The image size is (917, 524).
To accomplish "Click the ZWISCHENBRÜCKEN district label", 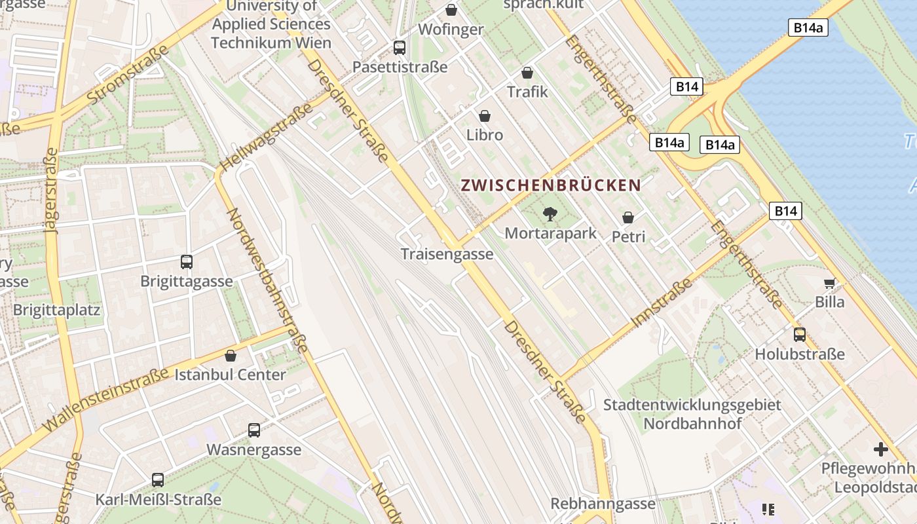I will [550, 185].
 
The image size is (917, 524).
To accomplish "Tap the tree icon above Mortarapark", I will [550, 214].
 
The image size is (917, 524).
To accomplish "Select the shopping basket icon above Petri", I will [628, 217].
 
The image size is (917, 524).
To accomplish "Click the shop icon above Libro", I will [485, 116].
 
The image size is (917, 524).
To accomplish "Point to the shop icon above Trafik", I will [527, 73].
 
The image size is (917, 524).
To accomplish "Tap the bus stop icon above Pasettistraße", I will [400, 47].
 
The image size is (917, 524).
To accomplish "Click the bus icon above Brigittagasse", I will [187, 262].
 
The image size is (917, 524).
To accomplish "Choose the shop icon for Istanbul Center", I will [231, 356].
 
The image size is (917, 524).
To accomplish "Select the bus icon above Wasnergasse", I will [254, 430].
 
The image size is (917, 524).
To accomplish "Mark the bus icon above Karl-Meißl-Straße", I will [158, 479].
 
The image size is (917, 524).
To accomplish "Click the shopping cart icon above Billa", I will [830, 283].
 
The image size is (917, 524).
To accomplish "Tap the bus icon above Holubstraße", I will [800, 335].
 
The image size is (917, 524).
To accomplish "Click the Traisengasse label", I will [447, 254].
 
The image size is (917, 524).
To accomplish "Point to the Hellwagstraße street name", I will [258, 141].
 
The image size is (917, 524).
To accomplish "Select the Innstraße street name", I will [662, 303].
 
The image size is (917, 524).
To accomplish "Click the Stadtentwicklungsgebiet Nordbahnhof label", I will [692, 414].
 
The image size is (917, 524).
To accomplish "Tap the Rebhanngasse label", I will [603, 504].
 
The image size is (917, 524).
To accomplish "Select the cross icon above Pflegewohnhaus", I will [881, 449].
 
